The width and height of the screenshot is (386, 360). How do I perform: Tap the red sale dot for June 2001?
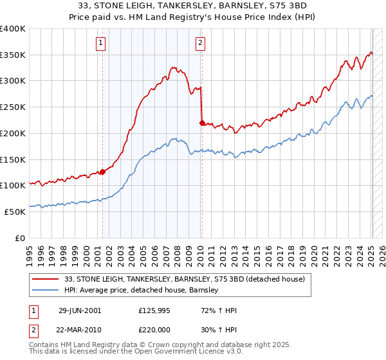click(102, 172)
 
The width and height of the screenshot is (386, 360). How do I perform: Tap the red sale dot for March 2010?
click(202, 122)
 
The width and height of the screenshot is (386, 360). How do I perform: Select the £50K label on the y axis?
click(15, 211)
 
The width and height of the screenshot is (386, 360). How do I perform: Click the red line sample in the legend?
click(45, 278)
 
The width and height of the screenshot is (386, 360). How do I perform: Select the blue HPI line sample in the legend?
click(45, 290)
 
